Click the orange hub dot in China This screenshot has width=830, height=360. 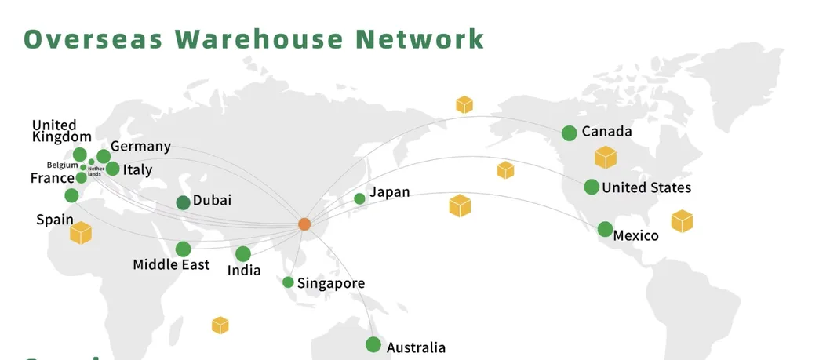click(x=304, y=224)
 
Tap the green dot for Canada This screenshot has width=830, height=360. click(x=570, y=133)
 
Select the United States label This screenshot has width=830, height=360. click(x=646, y=187)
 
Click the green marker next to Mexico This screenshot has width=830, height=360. click(x=605, y=229)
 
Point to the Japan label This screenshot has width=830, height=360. click(x=389, y=192)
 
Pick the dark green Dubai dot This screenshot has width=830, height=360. click(x=183, y=202)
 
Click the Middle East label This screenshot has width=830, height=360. click(x=171, y=264)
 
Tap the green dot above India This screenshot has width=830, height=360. click(x=243, y=254)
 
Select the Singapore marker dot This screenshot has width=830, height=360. click(x=288, y=282)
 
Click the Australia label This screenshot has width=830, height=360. click(x=416, y=347)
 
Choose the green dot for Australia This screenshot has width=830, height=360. click(x=373, y=344)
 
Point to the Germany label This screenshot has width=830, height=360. click(x=140, y=146)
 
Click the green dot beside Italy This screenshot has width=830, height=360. click(x=112, y=169)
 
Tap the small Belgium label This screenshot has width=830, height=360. click(x=62, y=165)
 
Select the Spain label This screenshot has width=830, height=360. click(x=55, y=220)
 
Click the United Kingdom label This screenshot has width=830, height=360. click(x=62, y=131)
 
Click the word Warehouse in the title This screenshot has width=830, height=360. click(x=260, y=38)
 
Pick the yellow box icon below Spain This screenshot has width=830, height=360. click(x=81, y=232)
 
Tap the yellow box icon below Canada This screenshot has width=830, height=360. click(x=605, y=157)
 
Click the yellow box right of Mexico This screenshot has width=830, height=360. click(x=682, y=221)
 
